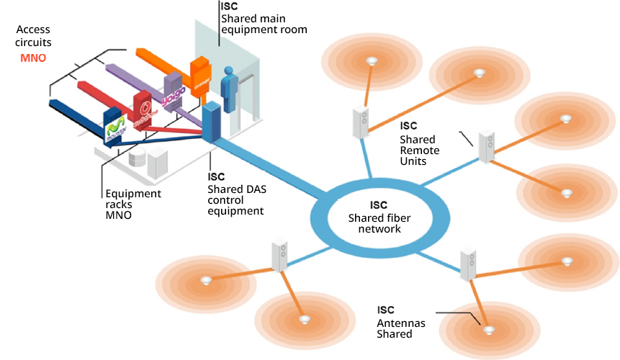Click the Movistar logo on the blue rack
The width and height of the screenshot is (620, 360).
click(115, 129)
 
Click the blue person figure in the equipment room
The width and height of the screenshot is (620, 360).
click(230, 90)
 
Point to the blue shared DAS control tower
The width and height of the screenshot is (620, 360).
click(211, 122)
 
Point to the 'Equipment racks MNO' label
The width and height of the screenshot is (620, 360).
click(132, 204)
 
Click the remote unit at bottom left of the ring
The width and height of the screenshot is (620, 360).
click(280, 256)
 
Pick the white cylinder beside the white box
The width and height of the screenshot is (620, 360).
click(137, 160)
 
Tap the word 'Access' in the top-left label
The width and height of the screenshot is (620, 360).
click(34, 30)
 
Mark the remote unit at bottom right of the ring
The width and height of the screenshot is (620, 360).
click(469, 264)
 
